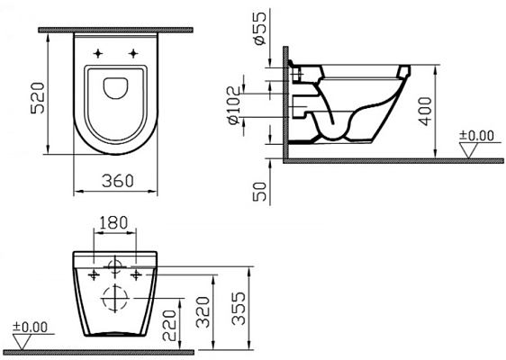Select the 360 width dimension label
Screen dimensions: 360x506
(x=116, y=180)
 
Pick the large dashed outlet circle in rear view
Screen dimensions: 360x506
(x=113, y=296)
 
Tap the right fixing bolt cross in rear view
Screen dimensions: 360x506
(x=135, y=273)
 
